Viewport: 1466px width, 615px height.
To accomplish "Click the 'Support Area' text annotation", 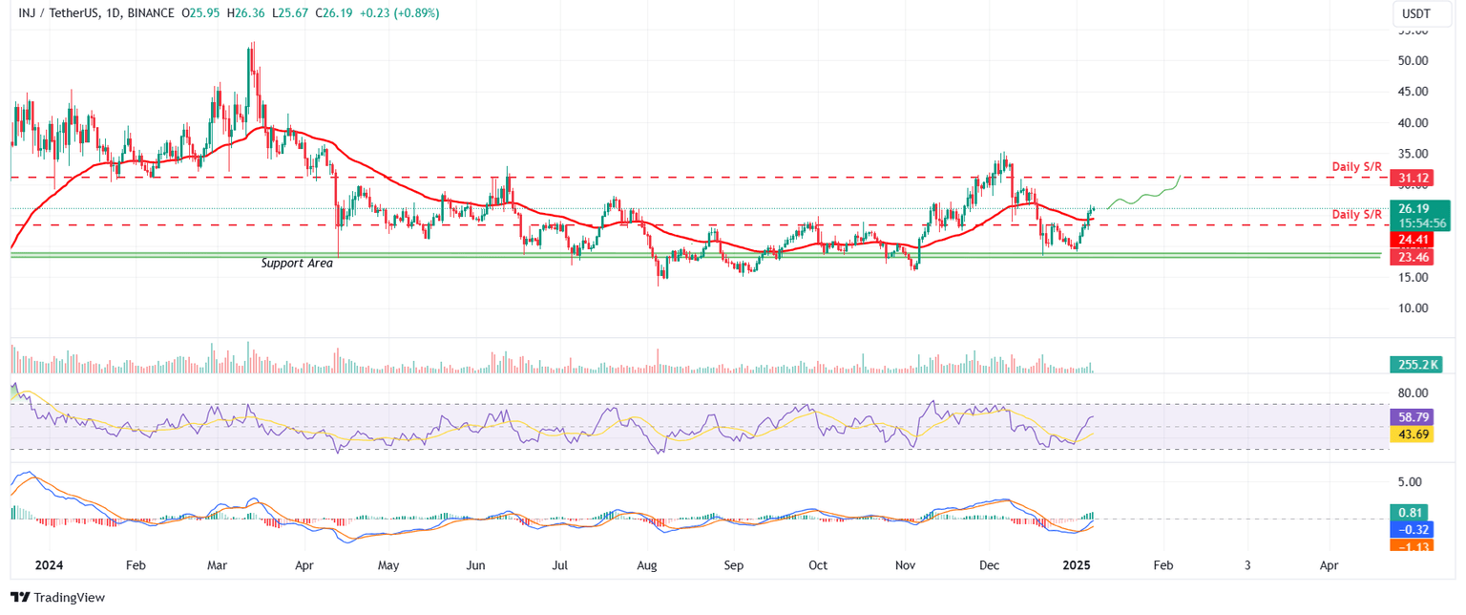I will [x=297, y=263].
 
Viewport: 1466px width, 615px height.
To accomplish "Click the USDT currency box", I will [x=1417, y=13].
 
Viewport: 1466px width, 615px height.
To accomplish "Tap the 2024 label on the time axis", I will [x=50, y=564].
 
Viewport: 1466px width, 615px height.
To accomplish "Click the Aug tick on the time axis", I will [x=647, y=564].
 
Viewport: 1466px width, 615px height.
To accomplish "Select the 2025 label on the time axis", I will [x=1079, y=564].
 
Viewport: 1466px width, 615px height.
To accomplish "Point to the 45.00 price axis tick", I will [x=1413, y=92].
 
